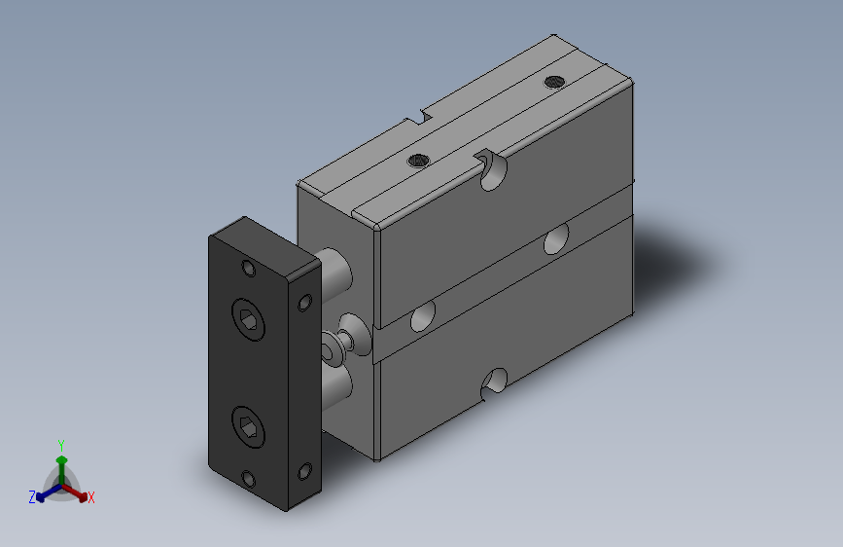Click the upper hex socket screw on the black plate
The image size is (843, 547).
[x=248, y=319]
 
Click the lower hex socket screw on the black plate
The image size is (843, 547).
[x=248, y=427]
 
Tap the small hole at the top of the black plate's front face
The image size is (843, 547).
[x=248, y=268]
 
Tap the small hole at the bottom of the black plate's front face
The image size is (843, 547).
[x=248, y=479]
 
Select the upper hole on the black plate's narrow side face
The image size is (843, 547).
[x=305, y=303]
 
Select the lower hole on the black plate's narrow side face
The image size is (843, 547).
[x=305, y=472]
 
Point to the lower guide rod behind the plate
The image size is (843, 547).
[x=336, y=386]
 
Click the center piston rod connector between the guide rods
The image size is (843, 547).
[x=346, y=339]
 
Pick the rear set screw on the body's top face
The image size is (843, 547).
[x=554, y=82]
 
